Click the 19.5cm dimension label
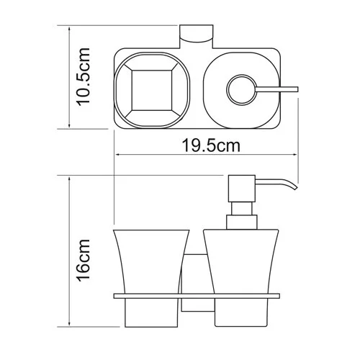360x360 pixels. (205, 146)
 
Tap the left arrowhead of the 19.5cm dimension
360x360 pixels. (117, 154)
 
